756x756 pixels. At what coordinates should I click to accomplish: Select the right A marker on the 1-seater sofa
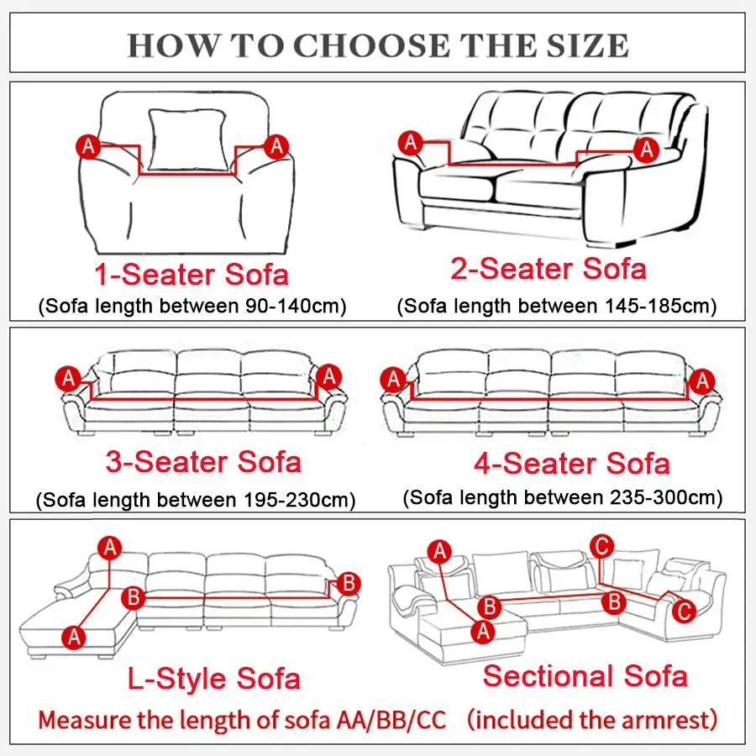click(276, 146)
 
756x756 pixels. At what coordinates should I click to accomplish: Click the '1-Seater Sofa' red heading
click(192, 274)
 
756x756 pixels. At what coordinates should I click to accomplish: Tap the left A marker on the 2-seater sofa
click(410, 142)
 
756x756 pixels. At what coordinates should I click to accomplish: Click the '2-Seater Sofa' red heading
click(549, 269)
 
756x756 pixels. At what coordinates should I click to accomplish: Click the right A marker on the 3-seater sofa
click(329, 376)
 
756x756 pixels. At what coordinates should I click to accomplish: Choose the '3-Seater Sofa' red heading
click(203, 461)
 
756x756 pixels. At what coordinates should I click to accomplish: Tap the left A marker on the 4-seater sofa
click(393, 380)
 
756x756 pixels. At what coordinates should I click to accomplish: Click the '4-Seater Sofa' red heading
click(573, 463)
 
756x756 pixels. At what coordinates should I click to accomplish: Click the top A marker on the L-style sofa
click(109, 549)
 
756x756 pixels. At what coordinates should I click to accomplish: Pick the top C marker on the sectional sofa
click(600, 545)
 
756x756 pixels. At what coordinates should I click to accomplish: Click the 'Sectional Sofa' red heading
click(585, 675)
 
